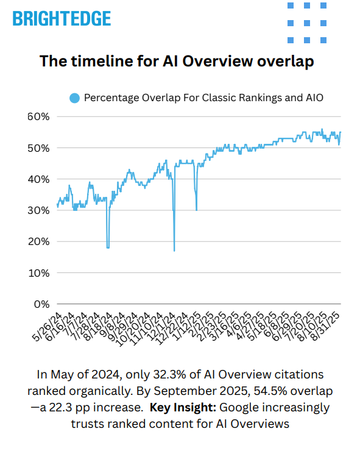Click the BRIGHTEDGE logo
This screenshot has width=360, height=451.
(x=62, y=18)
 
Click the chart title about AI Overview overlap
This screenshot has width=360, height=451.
(x=177, y=62)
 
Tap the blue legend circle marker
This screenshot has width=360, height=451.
(x=74, y=98)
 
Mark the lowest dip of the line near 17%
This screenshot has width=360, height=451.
(x=174, y=250)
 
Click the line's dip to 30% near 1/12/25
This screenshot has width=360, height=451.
(x=196, y=210)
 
